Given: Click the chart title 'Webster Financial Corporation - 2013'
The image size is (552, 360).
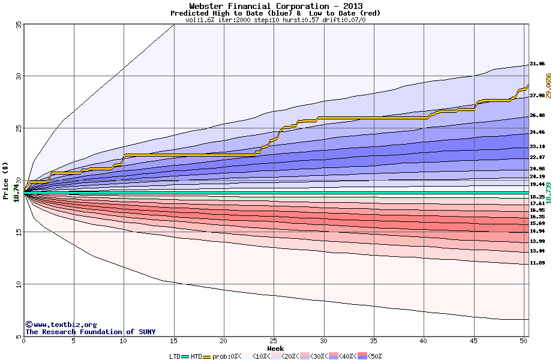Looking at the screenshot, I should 275,6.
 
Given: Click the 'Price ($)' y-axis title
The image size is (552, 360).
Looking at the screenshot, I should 6,180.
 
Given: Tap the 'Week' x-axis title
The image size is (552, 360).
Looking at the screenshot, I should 275,349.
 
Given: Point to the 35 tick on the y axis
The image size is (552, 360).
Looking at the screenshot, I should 18,24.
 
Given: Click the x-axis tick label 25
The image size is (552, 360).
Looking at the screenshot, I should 274,341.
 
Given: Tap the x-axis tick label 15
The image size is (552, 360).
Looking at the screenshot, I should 173,341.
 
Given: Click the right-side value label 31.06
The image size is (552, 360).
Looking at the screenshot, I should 537,64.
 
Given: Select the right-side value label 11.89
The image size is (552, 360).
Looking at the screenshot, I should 537,263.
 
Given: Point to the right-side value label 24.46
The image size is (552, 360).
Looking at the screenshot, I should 537,132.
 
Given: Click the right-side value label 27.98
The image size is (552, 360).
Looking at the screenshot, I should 537,95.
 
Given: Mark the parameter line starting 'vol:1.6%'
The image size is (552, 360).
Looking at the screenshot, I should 275,20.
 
